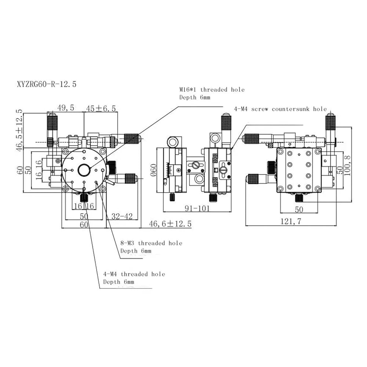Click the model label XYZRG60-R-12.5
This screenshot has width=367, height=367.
click(46, 84)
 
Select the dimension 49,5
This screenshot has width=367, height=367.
click(66, 108)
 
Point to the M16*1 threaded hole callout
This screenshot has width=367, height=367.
click(212, 93)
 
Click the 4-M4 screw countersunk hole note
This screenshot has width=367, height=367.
click(280, 109)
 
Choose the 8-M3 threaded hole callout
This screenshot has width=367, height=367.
click(151, 247)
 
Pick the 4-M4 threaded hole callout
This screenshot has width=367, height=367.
click(134, 278)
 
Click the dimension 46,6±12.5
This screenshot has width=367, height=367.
click(170, 224)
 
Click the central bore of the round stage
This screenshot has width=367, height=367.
click(84, 170)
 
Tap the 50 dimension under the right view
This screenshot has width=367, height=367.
click(299, 209)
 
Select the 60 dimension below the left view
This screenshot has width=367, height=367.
click(84, 225)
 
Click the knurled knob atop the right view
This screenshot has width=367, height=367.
click(330, 122)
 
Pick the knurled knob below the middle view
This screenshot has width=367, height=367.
click(212, 198)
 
